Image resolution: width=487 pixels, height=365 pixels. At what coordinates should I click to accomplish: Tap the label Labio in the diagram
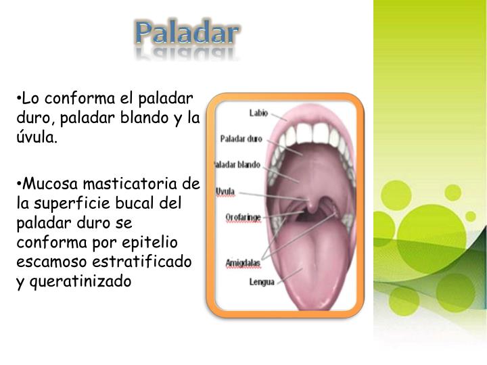tap(258, 114)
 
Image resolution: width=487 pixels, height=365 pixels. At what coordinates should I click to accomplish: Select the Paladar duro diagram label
tap(241, 139)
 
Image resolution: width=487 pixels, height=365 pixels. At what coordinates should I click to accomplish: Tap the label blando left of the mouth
tap(247, 166)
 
